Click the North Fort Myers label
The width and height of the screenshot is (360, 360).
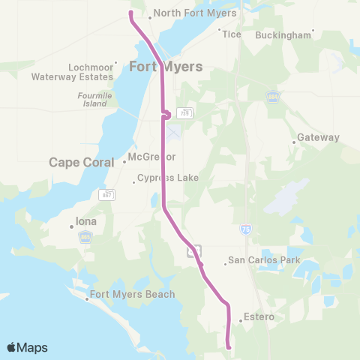pos(196,13)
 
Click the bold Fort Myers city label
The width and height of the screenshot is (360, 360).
pos(166,66)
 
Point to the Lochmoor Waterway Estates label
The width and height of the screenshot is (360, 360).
pos(72,72)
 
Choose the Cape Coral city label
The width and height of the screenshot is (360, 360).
pos(81,162)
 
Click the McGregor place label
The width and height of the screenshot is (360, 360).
pos(151,157)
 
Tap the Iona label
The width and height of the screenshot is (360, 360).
pos(86,222)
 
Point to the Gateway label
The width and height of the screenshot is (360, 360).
pos(318,138)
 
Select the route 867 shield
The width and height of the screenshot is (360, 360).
pos(106,195)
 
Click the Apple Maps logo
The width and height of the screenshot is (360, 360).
pos(27,347)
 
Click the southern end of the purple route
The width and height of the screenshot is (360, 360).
pos(228,346)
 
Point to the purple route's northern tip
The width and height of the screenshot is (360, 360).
pos(131,13)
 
